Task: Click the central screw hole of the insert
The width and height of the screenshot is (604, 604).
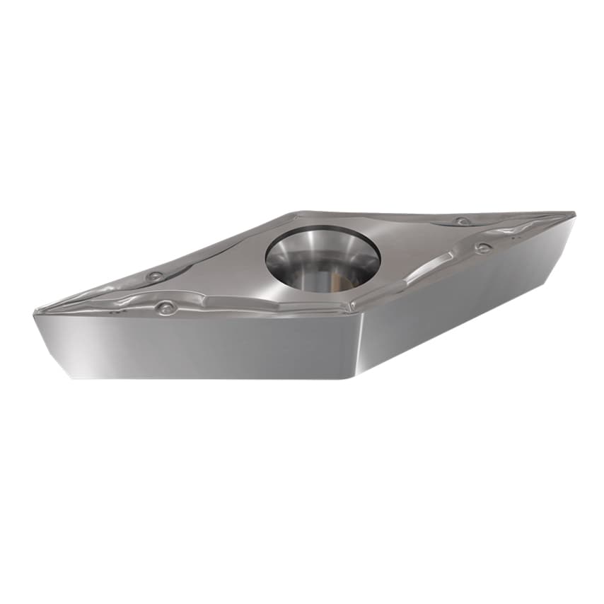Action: (x=323, y=259)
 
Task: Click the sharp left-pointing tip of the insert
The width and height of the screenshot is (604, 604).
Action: (x=36, y=311)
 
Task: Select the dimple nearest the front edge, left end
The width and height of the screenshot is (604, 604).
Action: (x=166, y=308)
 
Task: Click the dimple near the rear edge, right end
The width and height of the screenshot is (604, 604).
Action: (x=462, y=221)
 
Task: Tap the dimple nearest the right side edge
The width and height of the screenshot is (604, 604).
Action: (x=483, y=248)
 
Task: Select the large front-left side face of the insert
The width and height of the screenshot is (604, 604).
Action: (x=198, y=347)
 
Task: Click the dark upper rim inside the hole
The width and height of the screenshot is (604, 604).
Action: (x=322, y=233)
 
